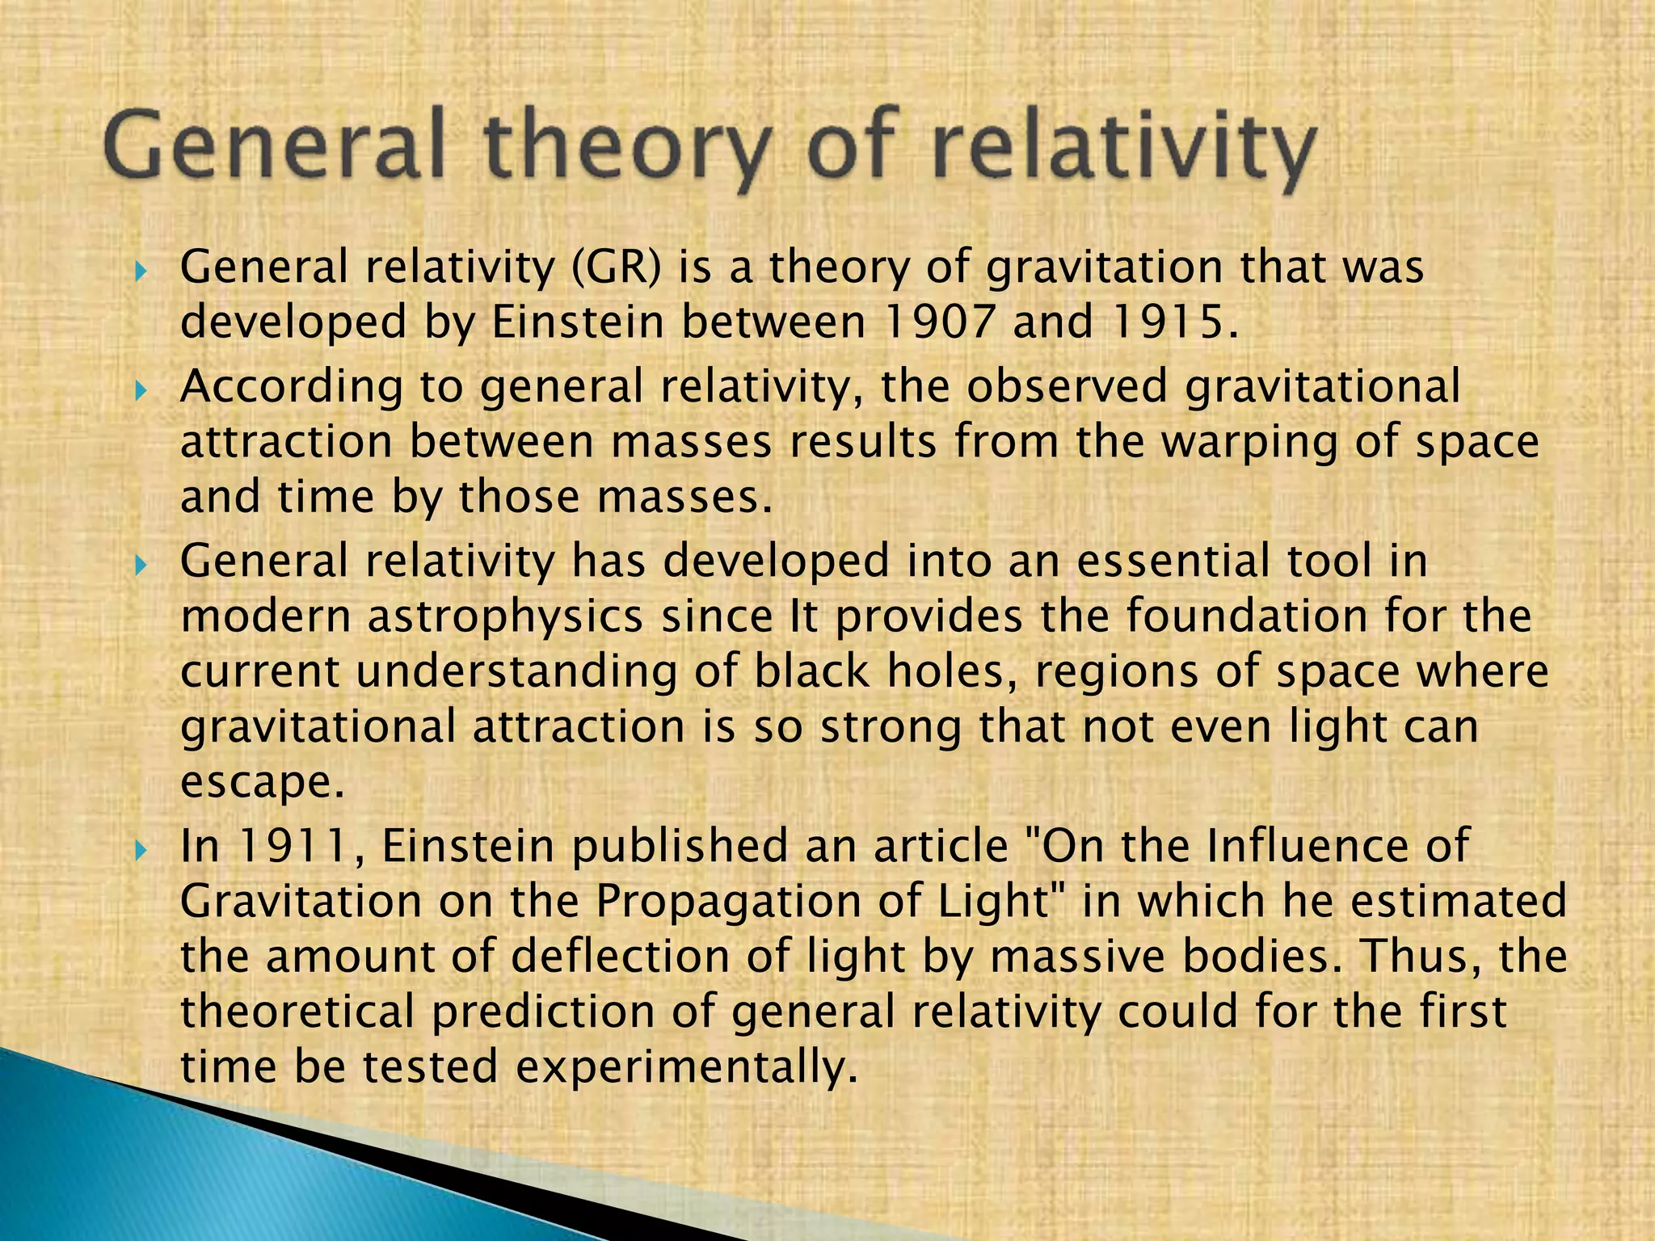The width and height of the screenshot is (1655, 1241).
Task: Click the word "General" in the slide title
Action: [x=275, y=147]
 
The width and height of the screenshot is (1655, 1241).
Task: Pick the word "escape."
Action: [x=263, y=782]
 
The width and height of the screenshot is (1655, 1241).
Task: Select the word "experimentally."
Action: [x=686, y=1066]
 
